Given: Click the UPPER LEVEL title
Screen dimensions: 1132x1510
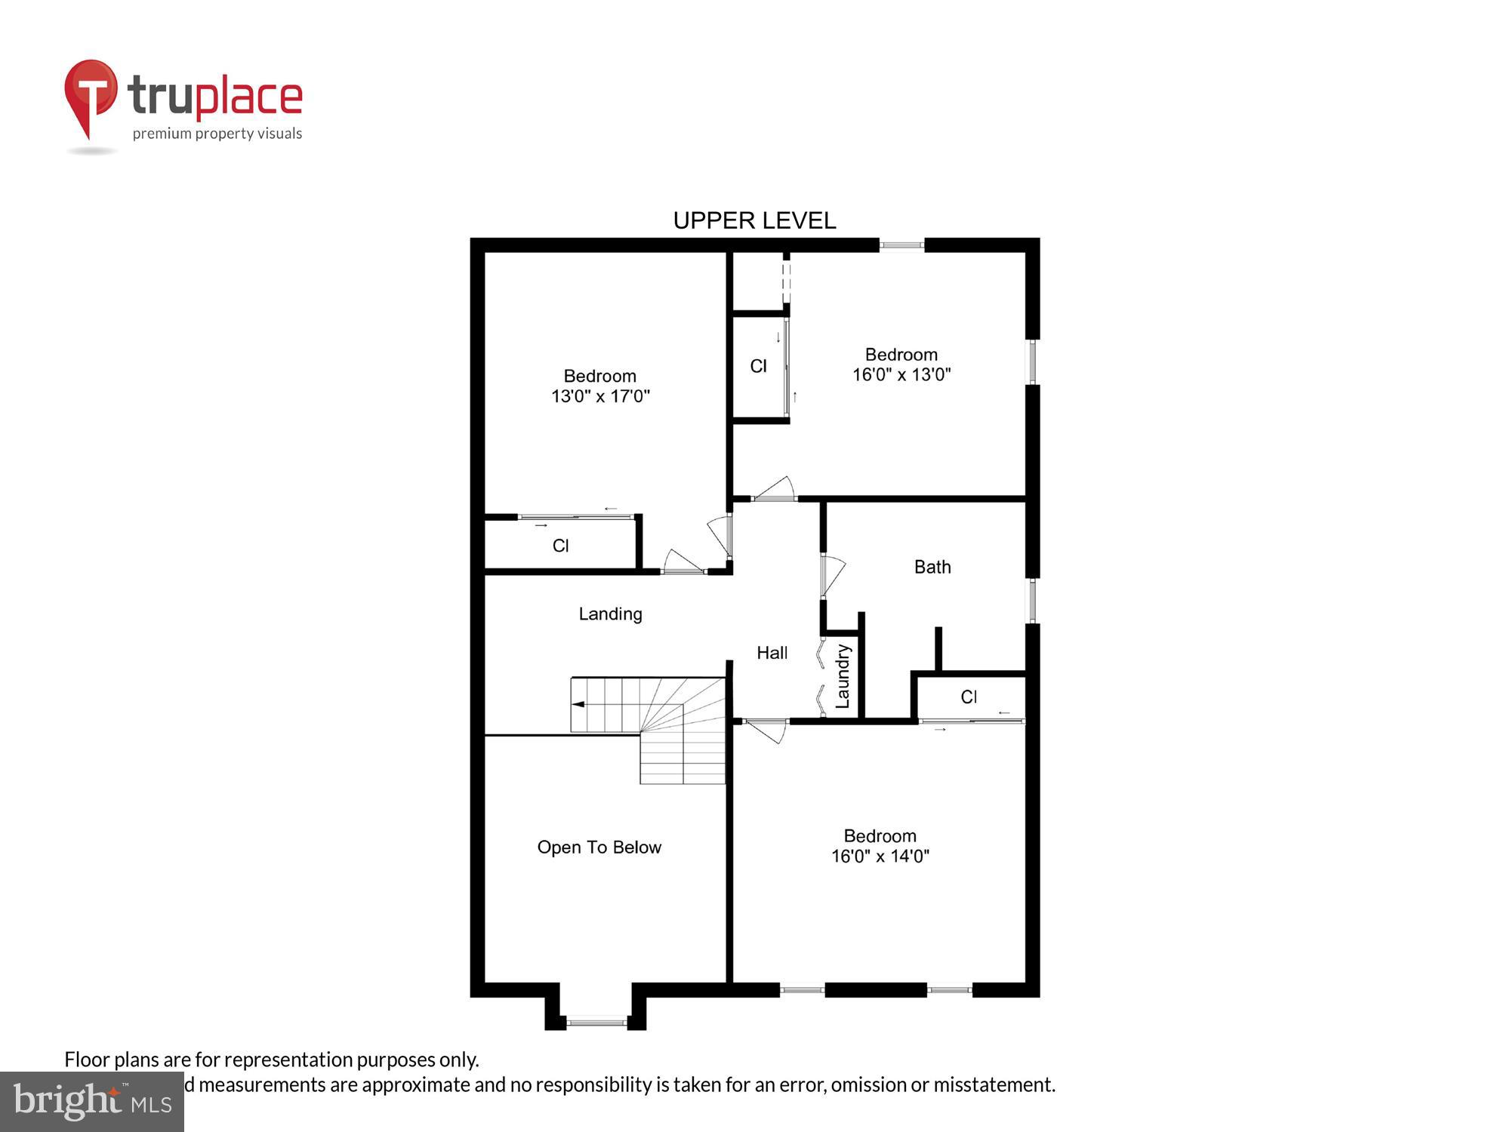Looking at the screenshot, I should (x=754, y=220).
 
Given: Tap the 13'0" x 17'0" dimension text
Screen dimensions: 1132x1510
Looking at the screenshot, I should (x=600, y=396).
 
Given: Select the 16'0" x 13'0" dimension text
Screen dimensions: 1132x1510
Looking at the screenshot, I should (x=901, y=374).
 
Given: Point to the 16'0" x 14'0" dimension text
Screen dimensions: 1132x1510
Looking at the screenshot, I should (x=880, y=856).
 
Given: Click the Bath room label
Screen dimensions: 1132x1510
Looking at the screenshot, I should (x=932, y=567).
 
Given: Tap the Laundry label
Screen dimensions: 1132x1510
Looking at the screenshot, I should (x=843, y=676).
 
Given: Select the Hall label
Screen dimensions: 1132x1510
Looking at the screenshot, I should (x=772, y=653).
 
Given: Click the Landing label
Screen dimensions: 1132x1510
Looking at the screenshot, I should (x=610, y=614).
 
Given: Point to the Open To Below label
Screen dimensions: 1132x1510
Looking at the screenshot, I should (x=599, y=847).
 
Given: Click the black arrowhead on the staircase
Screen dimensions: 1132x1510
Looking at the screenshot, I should (x=578, y=704).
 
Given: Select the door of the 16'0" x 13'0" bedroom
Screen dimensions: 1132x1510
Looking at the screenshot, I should (x=775, y=489).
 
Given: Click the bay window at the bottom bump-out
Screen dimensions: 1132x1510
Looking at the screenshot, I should (x=596, y=1023).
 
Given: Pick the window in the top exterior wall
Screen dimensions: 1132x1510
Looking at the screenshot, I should (x=901, y=245).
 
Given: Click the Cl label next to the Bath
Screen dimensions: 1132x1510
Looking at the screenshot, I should (x=969, y=697).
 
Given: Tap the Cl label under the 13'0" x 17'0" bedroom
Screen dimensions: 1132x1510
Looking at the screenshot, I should (x=560, y=546).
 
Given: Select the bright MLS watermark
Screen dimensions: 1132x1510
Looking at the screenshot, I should (x=92, y=1103).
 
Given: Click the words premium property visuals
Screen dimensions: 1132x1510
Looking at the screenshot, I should (x=217, y=134).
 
